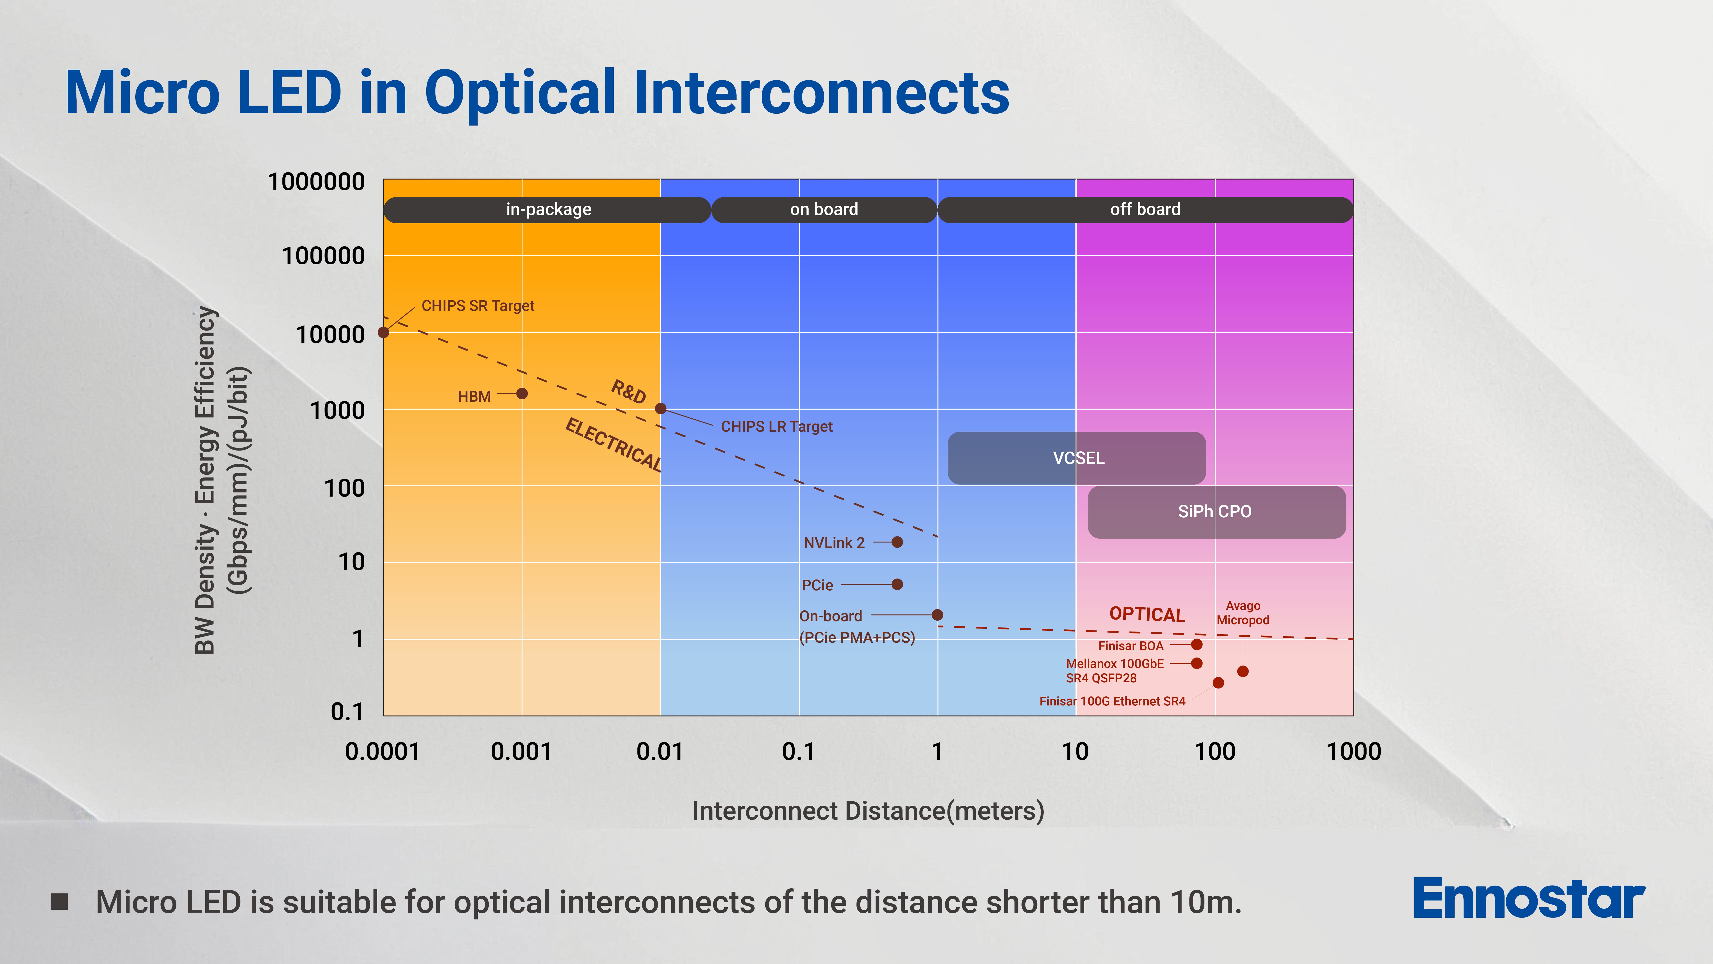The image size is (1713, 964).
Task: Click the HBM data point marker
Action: [x=522, y=394]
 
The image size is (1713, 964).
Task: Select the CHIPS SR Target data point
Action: [x=384, y=332]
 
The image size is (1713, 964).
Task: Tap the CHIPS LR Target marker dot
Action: [x=660, y=409]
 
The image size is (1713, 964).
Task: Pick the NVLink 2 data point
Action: [x=897, y=542]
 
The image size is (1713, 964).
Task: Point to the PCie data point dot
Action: [x=897, y=584]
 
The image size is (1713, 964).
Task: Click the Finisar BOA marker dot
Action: [x=1196, y=644]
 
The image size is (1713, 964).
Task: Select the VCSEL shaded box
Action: [x=1077, y=458]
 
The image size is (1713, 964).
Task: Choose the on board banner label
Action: [x=824, y=210]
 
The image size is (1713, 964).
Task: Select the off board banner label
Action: [x=1145, y=210]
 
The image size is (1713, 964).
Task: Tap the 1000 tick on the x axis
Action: [x=1353, y=752]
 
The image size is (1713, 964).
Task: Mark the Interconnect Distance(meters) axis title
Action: [x=868, y=811]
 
